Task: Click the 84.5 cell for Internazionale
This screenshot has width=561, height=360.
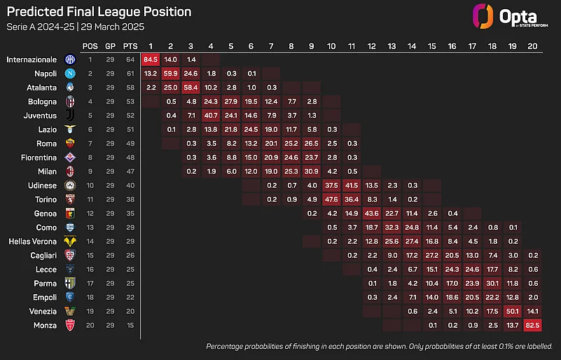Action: click(x=151, y=60)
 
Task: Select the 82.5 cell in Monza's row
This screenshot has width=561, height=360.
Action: click(x=533, y=326)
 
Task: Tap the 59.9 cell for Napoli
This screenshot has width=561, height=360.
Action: click(x=171, y=74)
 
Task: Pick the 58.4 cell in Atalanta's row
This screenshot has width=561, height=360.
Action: click(x=191, y=88)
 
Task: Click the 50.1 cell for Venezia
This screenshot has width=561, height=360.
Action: click(x=513, y=312)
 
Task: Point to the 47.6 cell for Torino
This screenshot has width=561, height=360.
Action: click(x=331, y=200)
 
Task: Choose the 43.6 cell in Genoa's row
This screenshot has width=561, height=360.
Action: click(x=372, y=214)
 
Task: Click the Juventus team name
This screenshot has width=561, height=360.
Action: click(x=41, y=116)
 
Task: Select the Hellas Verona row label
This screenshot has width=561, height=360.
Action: click(x=31, y=242)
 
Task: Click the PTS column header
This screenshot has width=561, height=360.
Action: click(x=130, y=46)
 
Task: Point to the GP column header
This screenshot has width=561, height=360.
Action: click(x=110, y=46)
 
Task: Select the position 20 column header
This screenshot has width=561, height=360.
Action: click(x=533, y=46)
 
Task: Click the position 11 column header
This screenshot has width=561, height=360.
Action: click(x=352, y=46)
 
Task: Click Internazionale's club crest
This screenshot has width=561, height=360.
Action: click(x=69, y=60)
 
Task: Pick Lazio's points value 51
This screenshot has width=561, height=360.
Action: click(x=130, y=130)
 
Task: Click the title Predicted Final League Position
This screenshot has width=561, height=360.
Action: click(x=99, y=13)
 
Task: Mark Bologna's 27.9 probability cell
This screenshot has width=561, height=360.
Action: click(x=231, y=102)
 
